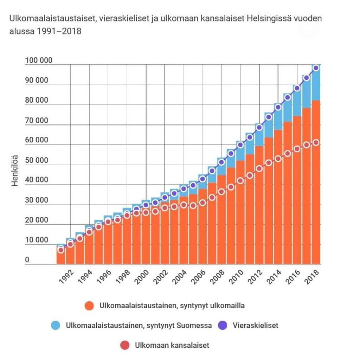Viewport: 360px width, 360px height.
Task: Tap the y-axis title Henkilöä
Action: tap(15, 170)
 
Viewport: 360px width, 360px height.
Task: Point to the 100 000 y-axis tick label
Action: tap(39, 60)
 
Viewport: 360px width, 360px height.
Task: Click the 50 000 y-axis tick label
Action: tap(37, 160)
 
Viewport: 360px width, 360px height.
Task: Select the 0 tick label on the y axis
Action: tap(27, 261)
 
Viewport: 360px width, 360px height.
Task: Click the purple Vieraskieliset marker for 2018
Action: tap(316, 68)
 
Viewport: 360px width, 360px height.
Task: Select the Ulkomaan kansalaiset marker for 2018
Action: tap(316, 143)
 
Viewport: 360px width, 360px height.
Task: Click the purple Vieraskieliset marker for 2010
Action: tap(240, 144)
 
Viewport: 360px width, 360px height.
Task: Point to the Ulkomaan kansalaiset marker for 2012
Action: tap(259, 168)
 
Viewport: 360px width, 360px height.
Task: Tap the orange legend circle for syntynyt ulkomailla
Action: tap(90, 306)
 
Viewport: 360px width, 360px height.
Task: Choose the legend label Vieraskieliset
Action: tap(255, 326)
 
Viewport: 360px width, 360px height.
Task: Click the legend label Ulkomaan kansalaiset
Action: tap(172, 345)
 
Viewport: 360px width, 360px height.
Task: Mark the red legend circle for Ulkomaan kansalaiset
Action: tap(125, 345)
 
